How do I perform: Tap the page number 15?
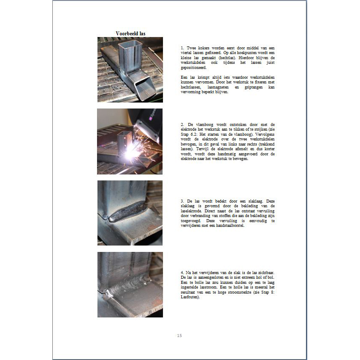pos(179,336)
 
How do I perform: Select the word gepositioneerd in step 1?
pos(194,68)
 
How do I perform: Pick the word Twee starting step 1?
pos(191,48)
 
